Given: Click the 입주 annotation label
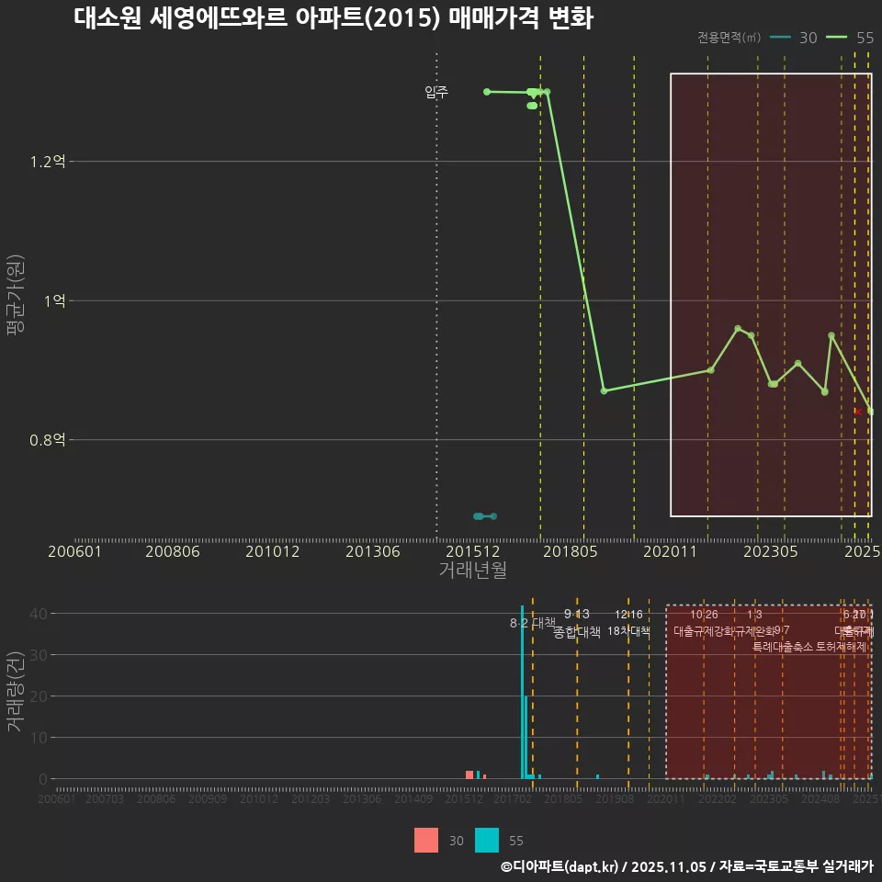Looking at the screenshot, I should click(x=436, y=92).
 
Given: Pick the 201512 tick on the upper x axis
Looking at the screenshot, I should click(x=473, y=552).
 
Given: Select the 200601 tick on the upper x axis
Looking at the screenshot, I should click(x=74, y=552).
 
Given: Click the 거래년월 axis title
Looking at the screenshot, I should click(x=472, y=570).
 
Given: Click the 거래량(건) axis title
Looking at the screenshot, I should click(x=16, y=692).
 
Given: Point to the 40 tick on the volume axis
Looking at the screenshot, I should click(x=40, y=614).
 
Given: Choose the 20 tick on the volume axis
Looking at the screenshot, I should click(x=40, y=696).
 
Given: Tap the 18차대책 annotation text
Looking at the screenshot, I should click(x=628, y=631).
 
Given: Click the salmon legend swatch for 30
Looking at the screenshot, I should click(x=426, y=841).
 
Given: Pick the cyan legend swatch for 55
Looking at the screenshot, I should click(x=487, y=841).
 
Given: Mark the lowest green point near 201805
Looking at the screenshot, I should click(x=604, y=391).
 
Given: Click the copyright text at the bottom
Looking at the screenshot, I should click(x=686, y=866).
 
